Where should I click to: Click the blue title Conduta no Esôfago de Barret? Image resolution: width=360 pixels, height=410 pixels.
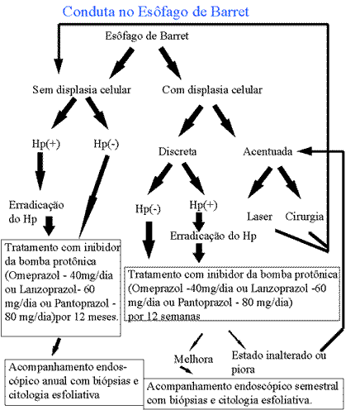click(x=155, y=12)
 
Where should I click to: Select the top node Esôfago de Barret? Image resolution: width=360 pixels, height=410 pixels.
click(x=147, y=36)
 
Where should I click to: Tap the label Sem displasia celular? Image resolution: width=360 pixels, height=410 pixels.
click(x=82, y=90)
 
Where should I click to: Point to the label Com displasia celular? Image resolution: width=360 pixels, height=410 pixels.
click(x=212, y=90)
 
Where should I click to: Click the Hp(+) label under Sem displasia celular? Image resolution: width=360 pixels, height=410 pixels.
click(x=46, y=144)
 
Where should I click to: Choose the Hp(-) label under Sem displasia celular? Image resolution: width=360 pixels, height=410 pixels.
click(x=107, y=144)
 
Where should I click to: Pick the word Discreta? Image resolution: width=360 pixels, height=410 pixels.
click(x=178, y=151)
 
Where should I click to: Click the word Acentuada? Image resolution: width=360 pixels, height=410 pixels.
click(x=268, y=151)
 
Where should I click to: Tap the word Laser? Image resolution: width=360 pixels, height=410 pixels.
click(x=259, y=217)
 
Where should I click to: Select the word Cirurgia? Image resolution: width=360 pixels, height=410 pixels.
click(x=305, y=217)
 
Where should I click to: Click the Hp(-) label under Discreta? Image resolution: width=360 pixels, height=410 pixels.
click(x=148, y=209)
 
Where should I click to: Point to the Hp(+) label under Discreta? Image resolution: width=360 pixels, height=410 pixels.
click(x=203, y=205)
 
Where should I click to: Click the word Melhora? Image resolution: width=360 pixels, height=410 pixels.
click(x=193, y=359)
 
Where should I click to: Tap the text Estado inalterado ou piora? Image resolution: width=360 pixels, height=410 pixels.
click(x=278, y=362)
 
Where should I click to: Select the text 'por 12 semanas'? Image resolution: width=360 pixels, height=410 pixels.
click(x=164, y=317)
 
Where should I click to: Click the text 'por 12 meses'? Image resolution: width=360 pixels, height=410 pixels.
click(x=87, y=317)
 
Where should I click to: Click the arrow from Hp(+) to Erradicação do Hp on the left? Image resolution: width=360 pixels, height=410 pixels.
click(x=40, y=171)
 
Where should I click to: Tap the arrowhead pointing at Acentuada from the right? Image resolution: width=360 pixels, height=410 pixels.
click(x=305, y=151)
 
